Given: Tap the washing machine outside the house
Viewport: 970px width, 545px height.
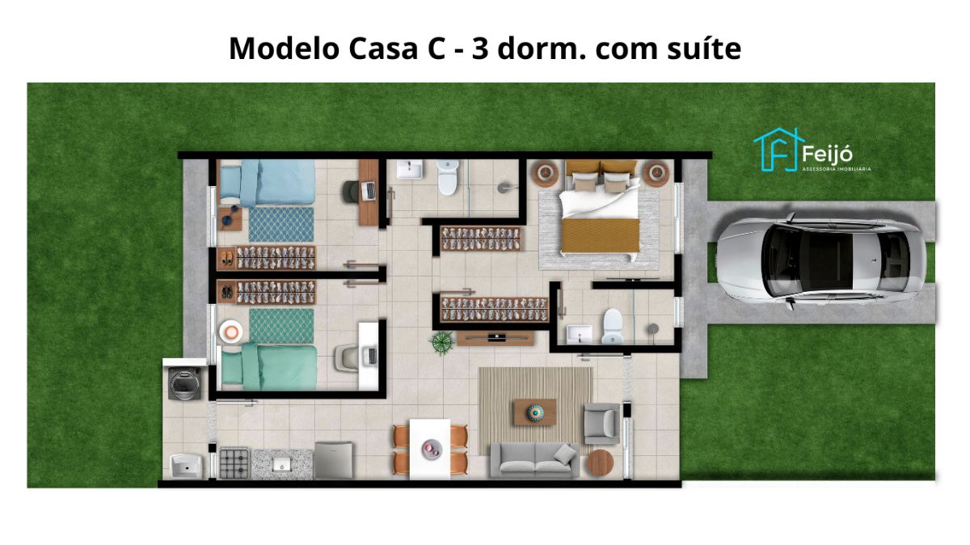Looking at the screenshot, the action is coord(185,383).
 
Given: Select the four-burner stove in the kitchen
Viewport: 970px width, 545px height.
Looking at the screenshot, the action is coord(234,463).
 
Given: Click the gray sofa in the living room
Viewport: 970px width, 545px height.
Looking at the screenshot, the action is coord(535,461).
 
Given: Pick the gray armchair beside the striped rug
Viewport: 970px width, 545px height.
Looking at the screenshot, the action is coord(602,423).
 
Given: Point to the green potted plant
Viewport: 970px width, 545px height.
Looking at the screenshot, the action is coord(441,343).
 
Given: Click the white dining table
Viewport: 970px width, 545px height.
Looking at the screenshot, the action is coord(430,449).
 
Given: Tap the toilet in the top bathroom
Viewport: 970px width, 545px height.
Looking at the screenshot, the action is coord(448,177).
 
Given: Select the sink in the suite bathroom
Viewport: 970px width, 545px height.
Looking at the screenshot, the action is coord(580,335).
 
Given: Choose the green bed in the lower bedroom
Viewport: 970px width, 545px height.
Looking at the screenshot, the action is coord(269,366).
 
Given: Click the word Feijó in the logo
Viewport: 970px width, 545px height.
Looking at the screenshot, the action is coord(827,154).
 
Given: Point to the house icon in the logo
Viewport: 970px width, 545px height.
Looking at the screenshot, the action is coord(778,150).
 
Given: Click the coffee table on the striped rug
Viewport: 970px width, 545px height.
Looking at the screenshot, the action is coord(535,412).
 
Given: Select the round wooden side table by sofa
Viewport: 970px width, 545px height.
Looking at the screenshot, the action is coord(600,463).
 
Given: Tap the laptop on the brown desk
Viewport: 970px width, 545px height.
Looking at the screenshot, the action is coord(369,191).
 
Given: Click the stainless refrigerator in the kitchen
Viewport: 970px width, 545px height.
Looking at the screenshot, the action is coord(333,460).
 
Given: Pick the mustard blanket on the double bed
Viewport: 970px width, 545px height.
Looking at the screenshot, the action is coord(601,235).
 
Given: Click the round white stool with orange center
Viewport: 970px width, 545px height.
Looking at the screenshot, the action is coord(230,332).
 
